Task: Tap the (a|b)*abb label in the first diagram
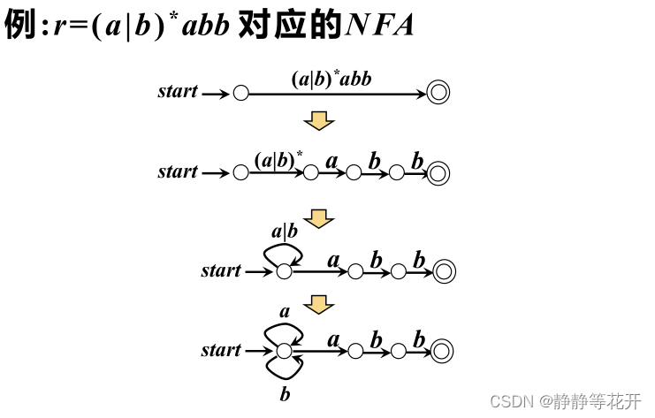tap(331, 78)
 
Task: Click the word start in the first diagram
tap(178, 92)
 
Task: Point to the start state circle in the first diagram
tap(240, 93)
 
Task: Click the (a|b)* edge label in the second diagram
tap(278, 160)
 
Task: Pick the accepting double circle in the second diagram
tap(438, 173)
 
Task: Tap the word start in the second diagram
tap(178, 172)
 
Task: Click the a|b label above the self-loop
tap(284, 232)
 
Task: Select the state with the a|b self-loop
tap(284, 271)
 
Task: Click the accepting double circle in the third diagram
tap(444, 271)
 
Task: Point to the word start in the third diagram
tap(221, 271)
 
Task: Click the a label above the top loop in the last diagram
tap(285, 312)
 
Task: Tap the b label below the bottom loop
tap(285, 395)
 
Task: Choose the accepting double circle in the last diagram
tap(442, 351)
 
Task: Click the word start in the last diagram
tap(221, 351)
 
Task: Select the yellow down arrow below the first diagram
tap(318, 119)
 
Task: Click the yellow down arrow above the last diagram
tap(318, 305)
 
